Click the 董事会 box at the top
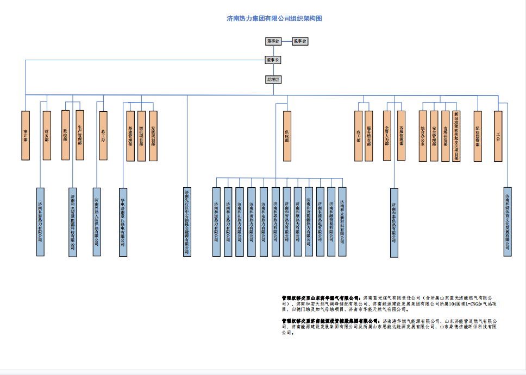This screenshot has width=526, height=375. tap(273, 41)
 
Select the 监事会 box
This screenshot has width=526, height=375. tap(299, 41)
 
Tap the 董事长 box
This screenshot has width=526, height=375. tap(273, 60)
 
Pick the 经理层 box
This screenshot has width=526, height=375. tap(273, 80)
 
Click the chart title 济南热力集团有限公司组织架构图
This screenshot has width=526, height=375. tap(274, 18)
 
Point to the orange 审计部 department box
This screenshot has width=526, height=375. tap(26, 136)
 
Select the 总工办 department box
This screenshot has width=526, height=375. tap(103, 136)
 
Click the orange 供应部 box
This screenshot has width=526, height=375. tap(287, 136)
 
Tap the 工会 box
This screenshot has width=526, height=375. tap(498, 136)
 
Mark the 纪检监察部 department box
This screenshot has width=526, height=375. tap(478, 136)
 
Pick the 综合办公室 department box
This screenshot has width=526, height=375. tap(423, 136)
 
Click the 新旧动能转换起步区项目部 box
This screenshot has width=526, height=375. tap(456, 136)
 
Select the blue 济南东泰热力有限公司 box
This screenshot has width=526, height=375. tap(41, 221)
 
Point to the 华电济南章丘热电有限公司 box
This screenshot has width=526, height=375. tap(123, 221)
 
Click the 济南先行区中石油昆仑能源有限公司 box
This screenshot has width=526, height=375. tap(187, 221)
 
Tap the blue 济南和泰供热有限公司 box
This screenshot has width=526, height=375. tap(394, 223)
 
